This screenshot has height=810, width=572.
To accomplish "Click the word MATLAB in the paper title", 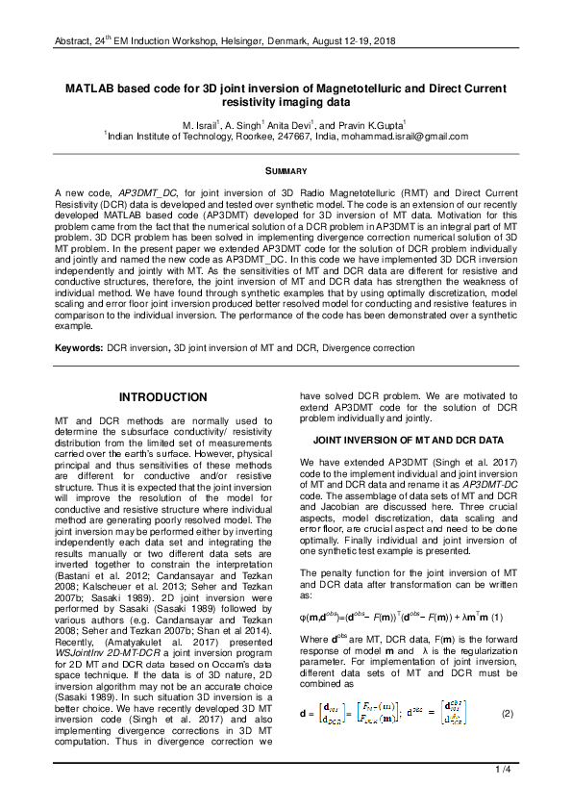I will click(x=90, y=87).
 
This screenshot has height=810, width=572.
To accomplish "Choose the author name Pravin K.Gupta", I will click(x=375, y=125).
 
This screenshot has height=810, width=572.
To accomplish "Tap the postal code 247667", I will click(x=289, y=137).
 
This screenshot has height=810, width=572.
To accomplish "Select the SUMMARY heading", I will click(x=286, y=171).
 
